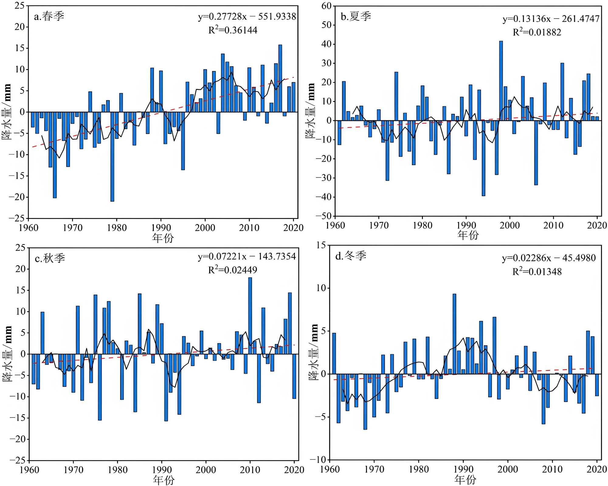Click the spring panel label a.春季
(49, 16)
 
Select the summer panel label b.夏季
(356, 16)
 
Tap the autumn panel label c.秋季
(50, 258)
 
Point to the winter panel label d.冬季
(351, 256)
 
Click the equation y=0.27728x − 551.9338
(247, 16)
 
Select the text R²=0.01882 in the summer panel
(537, 32)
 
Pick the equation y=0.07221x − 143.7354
(247, 256)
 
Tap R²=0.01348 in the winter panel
(537, 271)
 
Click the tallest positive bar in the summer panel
(501, 81)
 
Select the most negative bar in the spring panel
(112, 157)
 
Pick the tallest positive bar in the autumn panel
(250, 315)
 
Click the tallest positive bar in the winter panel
(454, 334)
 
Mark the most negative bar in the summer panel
(483, 158)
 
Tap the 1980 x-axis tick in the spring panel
(117, 228)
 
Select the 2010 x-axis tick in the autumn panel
(250, 470)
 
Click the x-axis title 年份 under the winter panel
(465, 480)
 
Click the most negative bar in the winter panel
(365, 402)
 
